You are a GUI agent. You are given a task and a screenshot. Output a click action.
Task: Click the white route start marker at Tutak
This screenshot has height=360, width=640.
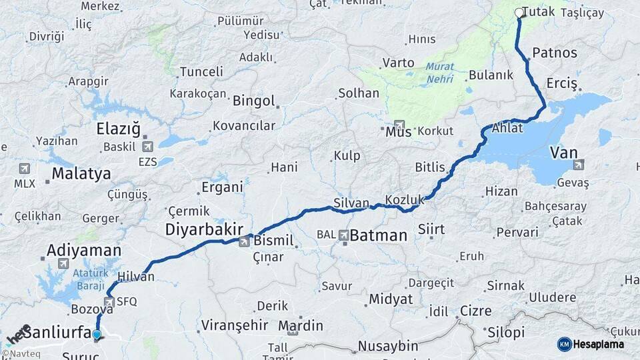coord(519,12)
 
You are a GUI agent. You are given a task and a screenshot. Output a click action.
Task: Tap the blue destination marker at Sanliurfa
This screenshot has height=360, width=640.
coord(97,335)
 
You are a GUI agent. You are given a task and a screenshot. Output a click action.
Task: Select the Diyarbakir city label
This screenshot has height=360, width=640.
coord(204,229)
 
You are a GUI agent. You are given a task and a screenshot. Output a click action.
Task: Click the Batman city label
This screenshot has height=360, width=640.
coord(378,235)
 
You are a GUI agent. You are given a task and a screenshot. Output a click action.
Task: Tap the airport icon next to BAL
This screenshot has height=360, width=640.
coord(344,235)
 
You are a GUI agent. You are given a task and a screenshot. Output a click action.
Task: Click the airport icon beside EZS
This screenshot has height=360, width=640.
coord(147,147)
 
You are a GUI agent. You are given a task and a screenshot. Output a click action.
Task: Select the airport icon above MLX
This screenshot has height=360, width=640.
coord(25,168)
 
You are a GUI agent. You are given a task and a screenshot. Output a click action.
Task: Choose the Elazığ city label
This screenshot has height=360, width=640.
coord(119,127)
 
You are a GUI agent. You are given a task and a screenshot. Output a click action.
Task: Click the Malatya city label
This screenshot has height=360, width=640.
coord(81,174)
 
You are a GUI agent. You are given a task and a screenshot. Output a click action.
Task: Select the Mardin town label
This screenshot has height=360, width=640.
coord(301,325)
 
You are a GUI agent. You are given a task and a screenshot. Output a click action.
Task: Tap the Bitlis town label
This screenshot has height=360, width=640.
coord(429,167)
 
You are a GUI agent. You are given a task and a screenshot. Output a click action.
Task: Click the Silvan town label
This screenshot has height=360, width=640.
coord(351,203)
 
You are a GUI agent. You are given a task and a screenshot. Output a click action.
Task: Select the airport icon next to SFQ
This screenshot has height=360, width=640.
coord(109,301)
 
